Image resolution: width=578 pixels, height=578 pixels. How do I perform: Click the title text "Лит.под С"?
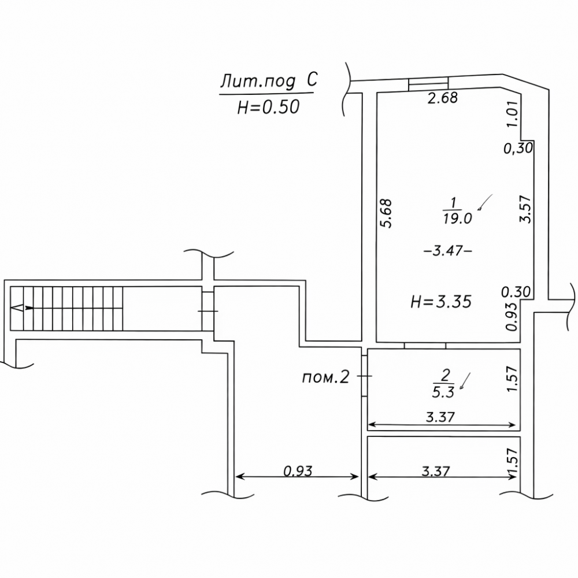point(269,81)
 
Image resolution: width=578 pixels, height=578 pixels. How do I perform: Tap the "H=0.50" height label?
point(268,108)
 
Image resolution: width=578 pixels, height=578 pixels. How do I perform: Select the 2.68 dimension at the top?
point(442,98)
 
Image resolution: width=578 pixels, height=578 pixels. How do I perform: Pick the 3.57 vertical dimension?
point(525,209)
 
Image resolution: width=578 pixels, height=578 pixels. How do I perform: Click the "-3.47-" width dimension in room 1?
point(448,251)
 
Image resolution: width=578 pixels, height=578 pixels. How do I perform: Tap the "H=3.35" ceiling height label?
point(441,302)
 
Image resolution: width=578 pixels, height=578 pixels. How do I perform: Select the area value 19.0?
point(457,219)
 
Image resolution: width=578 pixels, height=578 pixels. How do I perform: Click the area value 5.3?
point(443,392)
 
